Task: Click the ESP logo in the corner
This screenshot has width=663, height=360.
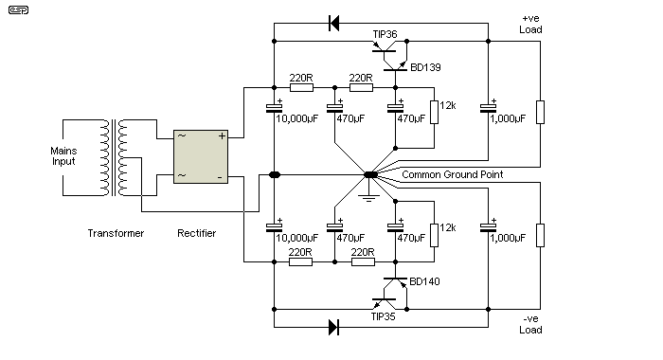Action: [18, 10]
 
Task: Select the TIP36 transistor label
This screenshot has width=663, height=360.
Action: [385, 34]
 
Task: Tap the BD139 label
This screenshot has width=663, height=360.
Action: [425, 67]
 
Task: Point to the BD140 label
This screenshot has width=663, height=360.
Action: [424, 281]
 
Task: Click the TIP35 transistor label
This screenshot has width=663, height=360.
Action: [383, 316]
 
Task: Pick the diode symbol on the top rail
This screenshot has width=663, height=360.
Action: [334, 24]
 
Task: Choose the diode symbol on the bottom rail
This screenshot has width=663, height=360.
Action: [334, 327]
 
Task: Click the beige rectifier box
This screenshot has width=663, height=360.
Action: [201, 157]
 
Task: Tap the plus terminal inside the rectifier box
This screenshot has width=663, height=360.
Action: [222, 135]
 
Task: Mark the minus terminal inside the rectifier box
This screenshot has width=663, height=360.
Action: [220, 177]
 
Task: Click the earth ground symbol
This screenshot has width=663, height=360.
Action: [369, 198]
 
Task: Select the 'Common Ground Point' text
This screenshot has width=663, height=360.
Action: [453, 174]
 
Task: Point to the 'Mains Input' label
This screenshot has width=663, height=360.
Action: [63, 156]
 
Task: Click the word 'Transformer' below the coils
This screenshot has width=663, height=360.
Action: [116, 233]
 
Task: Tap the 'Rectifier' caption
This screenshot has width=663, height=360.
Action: [197, 233]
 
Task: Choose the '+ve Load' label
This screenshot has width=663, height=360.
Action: [530, 24]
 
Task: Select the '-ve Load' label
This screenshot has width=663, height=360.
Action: [530, 324]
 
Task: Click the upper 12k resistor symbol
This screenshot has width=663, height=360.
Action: [434, 112]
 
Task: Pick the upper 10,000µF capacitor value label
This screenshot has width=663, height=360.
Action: [296, 118]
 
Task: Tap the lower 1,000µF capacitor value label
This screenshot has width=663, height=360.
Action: [508, 238]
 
